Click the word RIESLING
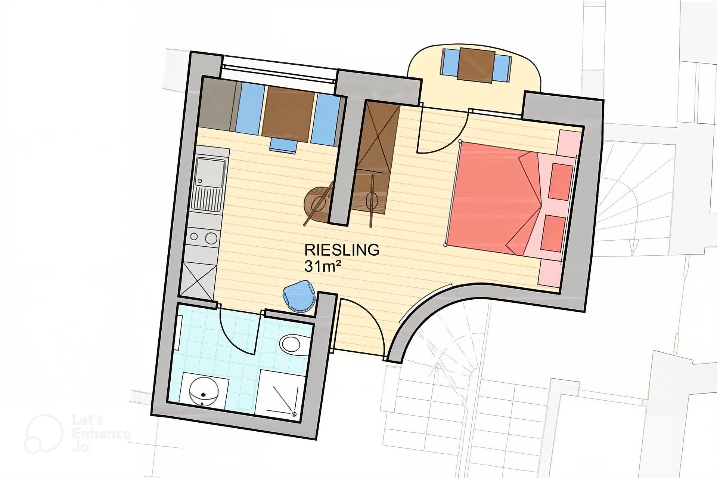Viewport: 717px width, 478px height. tap(342, 250)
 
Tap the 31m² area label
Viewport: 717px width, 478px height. tap(323, 266)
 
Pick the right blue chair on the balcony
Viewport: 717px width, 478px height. tap(502, 68)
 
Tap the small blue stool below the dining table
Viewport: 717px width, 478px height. tap(283, 145)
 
